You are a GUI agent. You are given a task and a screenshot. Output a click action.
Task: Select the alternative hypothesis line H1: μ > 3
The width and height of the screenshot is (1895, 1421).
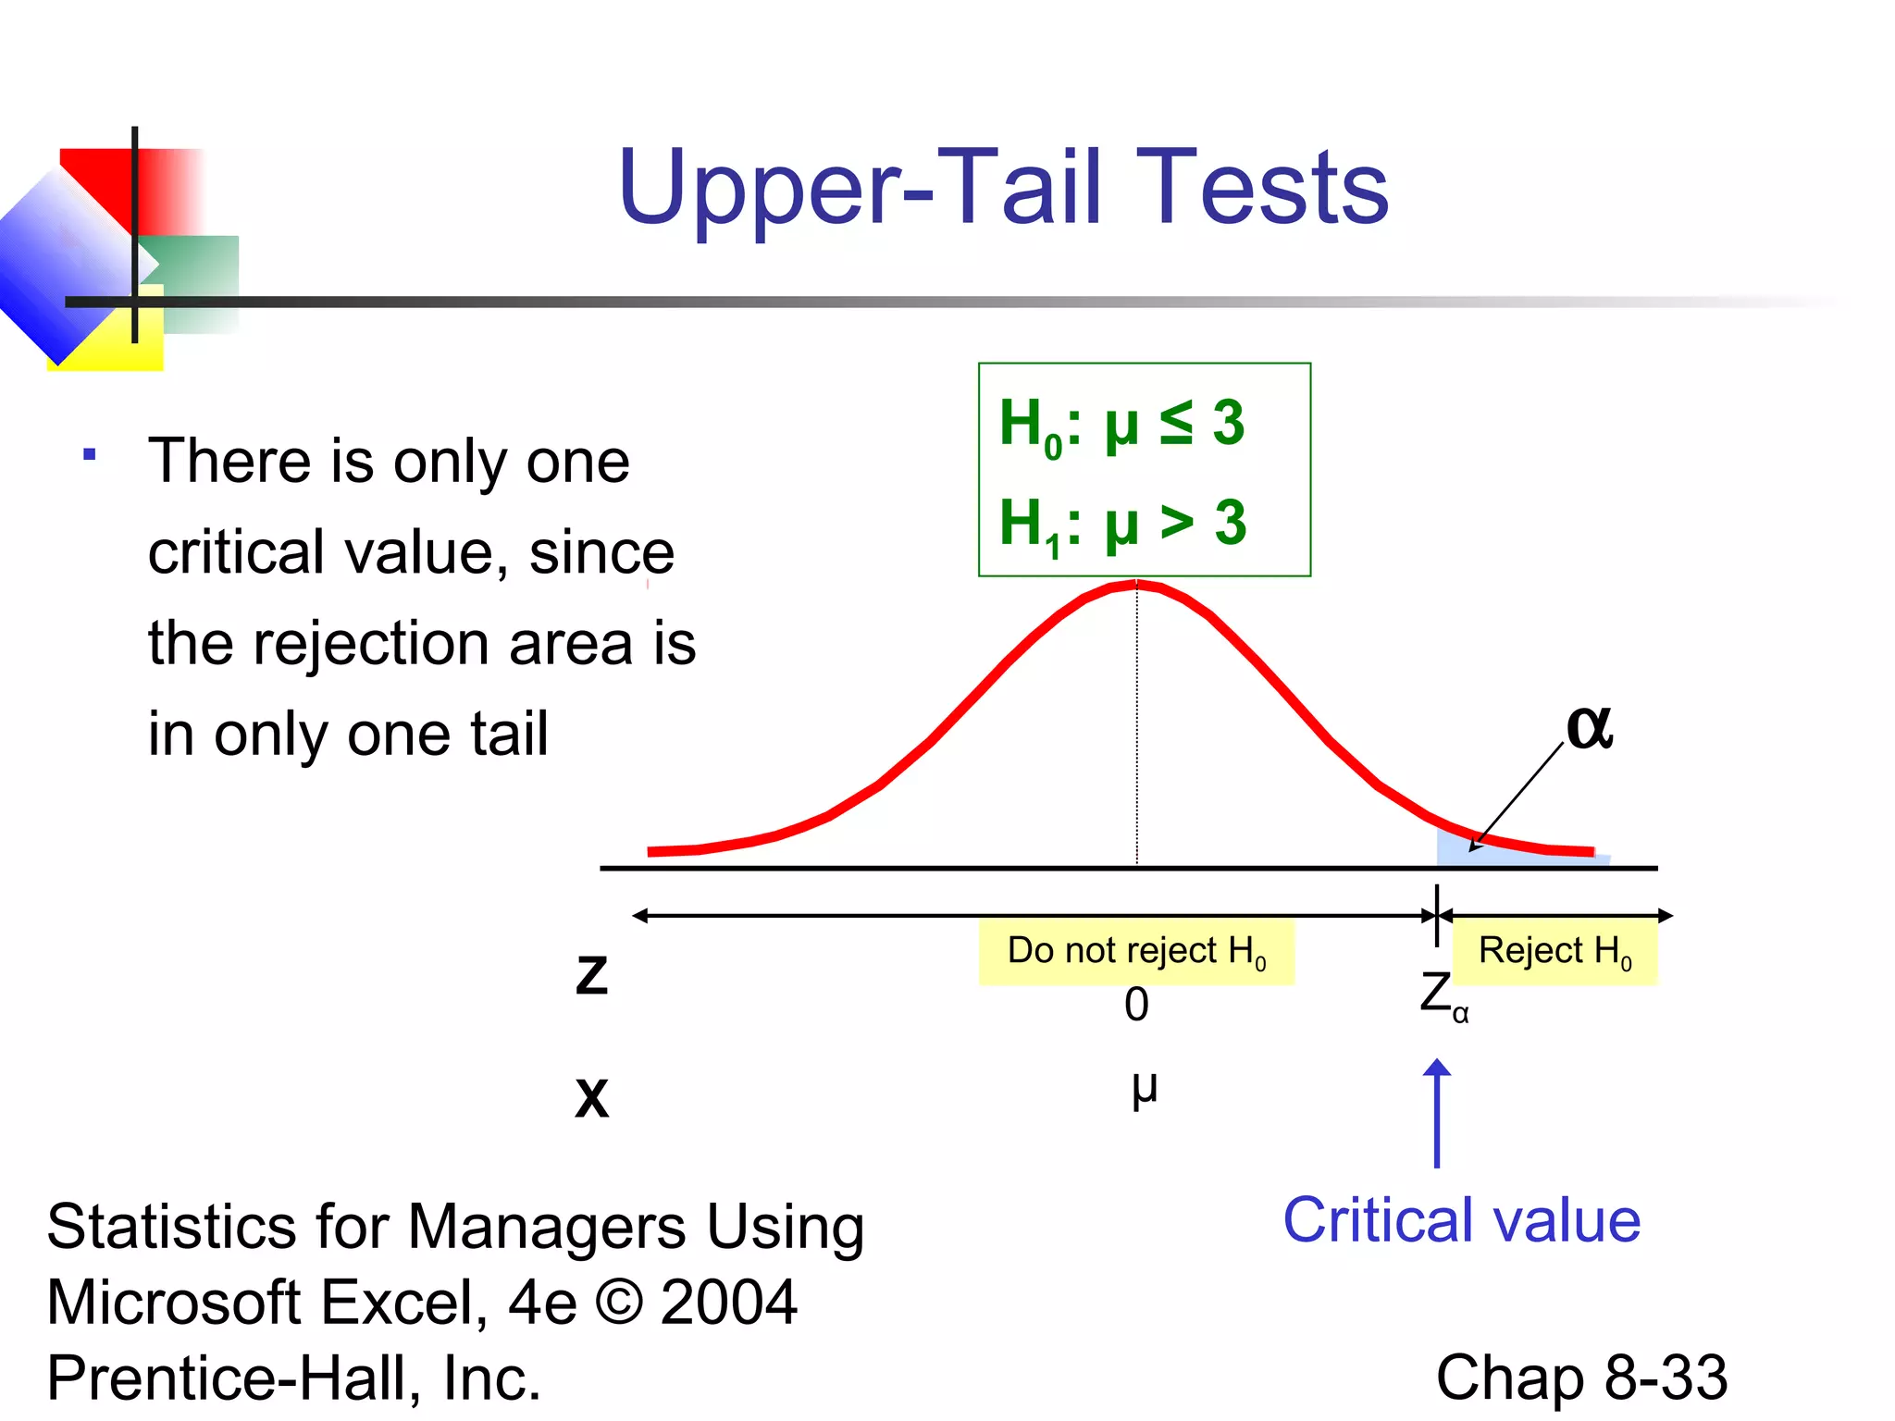1121,524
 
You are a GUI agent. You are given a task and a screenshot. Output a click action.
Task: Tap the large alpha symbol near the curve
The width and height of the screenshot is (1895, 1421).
1589,727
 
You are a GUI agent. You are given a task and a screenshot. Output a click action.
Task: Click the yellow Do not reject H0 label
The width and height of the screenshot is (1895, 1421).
1136,951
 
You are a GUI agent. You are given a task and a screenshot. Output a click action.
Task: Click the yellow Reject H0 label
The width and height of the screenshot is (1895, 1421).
1554,951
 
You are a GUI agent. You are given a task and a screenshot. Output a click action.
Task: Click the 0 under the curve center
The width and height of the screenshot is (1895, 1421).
1136,1005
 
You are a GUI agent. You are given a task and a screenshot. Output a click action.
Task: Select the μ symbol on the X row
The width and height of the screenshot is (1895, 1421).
1144,1090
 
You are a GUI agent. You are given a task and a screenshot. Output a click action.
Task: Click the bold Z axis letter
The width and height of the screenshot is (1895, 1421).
591,976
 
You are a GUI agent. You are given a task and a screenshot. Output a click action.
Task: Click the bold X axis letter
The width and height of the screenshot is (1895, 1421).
591,1098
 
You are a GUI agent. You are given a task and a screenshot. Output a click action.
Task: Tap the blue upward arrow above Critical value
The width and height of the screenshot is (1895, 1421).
1436,1110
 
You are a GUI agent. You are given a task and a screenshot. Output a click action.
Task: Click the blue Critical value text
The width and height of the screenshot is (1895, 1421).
1461,1221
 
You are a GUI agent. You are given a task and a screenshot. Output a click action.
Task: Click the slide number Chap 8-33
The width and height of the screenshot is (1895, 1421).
1580,1378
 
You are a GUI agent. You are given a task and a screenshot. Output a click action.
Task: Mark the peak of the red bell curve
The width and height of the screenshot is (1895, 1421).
1136,583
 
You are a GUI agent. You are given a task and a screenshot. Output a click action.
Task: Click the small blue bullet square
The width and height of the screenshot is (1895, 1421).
90,454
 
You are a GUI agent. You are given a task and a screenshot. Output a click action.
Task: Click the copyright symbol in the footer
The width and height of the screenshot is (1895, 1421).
618,1303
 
